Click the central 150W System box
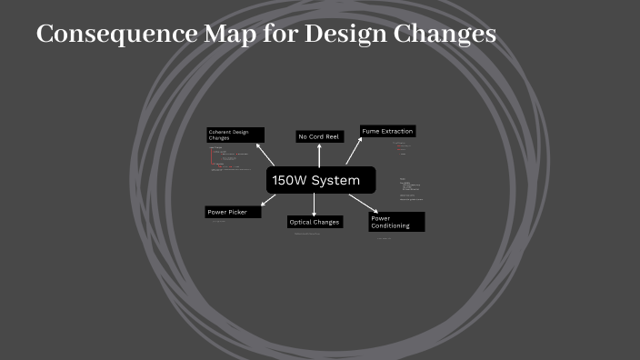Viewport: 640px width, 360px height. click(321, 180)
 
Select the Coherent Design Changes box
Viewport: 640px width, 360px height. click(235, 135)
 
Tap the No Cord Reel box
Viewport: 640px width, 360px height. click(319, 136)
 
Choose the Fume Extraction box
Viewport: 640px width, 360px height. click(387, 131)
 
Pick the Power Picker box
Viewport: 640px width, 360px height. click(233, 212)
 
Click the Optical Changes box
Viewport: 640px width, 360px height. click(315, 222)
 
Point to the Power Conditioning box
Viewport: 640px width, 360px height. click(396, 222)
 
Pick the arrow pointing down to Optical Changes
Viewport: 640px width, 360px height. click(315, 205)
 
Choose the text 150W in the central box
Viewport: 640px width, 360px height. click(289, 180)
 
